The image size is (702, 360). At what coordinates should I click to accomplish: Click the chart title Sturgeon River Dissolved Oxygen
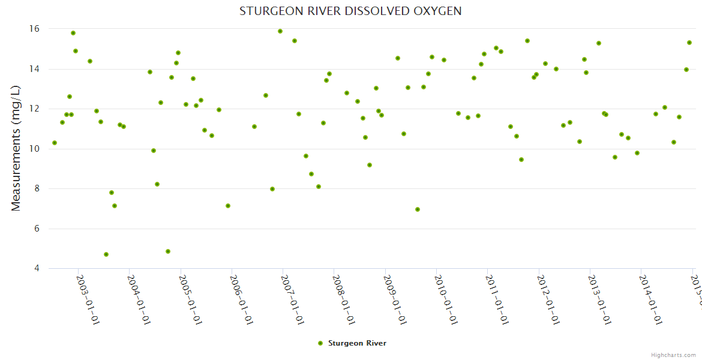tap(350, 11)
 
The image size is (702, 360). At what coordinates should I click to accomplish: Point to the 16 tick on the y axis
tap(35, 29)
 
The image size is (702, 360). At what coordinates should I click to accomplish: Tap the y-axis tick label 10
tap(35, 149)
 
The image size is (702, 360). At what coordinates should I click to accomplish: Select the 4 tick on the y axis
tap(37, 268)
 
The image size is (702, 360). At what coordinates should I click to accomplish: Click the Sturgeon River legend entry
tap(352, 343)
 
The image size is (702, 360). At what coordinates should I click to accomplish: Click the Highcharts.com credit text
tap(674, 355)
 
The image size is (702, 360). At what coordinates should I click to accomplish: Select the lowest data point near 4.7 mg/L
tap(106, 254)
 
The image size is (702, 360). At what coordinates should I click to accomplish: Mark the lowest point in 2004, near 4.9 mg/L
tap(168, 251)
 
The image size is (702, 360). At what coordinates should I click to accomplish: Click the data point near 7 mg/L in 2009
tap(418, 209)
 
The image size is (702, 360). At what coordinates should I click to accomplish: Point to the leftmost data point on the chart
tap(55, 143)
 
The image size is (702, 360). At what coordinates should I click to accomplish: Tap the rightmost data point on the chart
tap(689, 43)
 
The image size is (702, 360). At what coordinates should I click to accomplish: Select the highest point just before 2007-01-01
tap(280, 31)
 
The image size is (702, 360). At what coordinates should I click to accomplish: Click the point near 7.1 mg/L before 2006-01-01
tap(228, 206)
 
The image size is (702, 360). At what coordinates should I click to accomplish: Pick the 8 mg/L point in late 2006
tap(272, 189)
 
